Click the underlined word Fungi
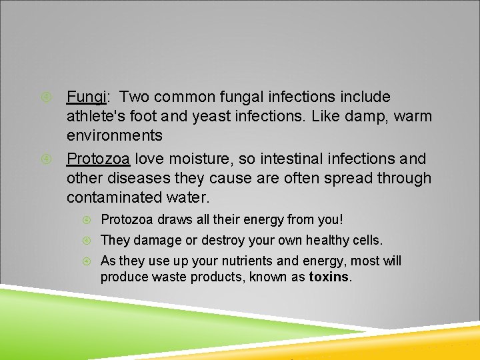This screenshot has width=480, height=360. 86,97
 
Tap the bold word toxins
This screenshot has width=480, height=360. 329,277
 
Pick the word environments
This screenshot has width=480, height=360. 114,136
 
